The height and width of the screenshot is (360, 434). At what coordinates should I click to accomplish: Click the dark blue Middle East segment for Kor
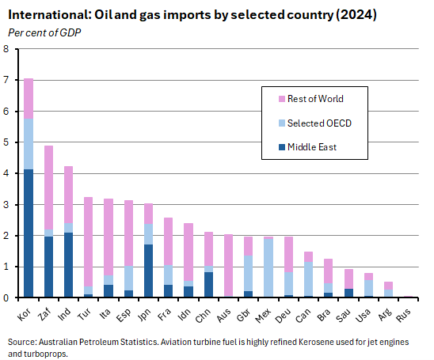tap(29, 233)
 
